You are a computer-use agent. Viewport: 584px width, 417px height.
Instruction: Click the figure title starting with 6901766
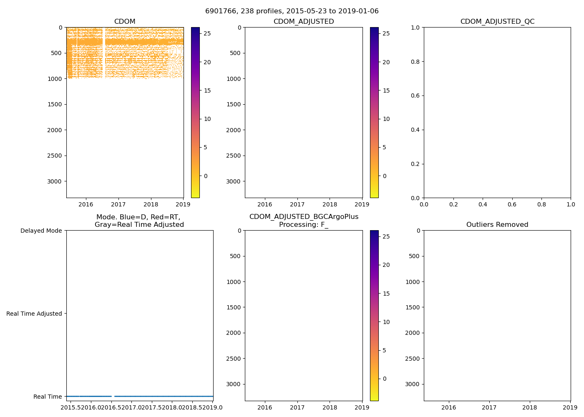(292, 11)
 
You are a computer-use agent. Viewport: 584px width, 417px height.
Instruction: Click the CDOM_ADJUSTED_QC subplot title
(497, 22)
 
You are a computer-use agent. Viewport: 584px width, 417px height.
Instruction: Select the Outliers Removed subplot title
(497, 225)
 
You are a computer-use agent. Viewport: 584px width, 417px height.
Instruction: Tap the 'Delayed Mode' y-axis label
(41, 231)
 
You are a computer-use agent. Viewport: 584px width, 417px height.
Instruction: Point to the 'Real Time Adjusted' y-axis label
(34, 314)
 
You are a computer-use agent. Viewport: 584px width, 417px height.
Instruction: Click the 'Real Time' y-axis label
(48, 397)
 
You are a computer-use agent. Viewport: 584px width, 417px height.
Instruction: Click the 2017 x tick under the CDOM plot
(118, 205)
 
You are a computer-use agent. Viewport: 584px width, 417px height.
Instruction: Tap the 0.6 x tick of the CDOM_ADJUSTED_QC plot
(512, 205)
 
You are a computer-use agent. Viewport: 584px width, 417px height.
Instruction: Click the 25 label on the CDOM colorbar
(207, 33)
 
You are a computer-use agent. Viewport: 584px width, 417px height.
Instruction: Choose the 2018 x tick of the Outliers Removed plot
(530, 407)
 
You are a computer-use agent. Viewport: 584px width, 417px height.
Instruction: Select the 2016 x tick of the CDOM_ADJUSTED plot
(264, 205)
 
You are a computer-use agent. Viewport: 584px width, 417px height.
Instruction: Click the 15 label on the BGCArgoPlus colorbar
(386, 294)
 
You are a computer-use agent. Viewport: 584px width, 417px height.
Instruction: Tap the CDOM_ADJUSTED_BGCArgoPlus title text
(304, 217)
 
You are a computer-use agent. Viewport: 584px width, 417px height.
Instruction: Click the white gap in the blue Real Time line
(112, 396)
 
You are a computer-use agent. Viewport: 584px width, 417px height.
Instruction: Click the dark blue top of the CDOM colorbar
(195, 29)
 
